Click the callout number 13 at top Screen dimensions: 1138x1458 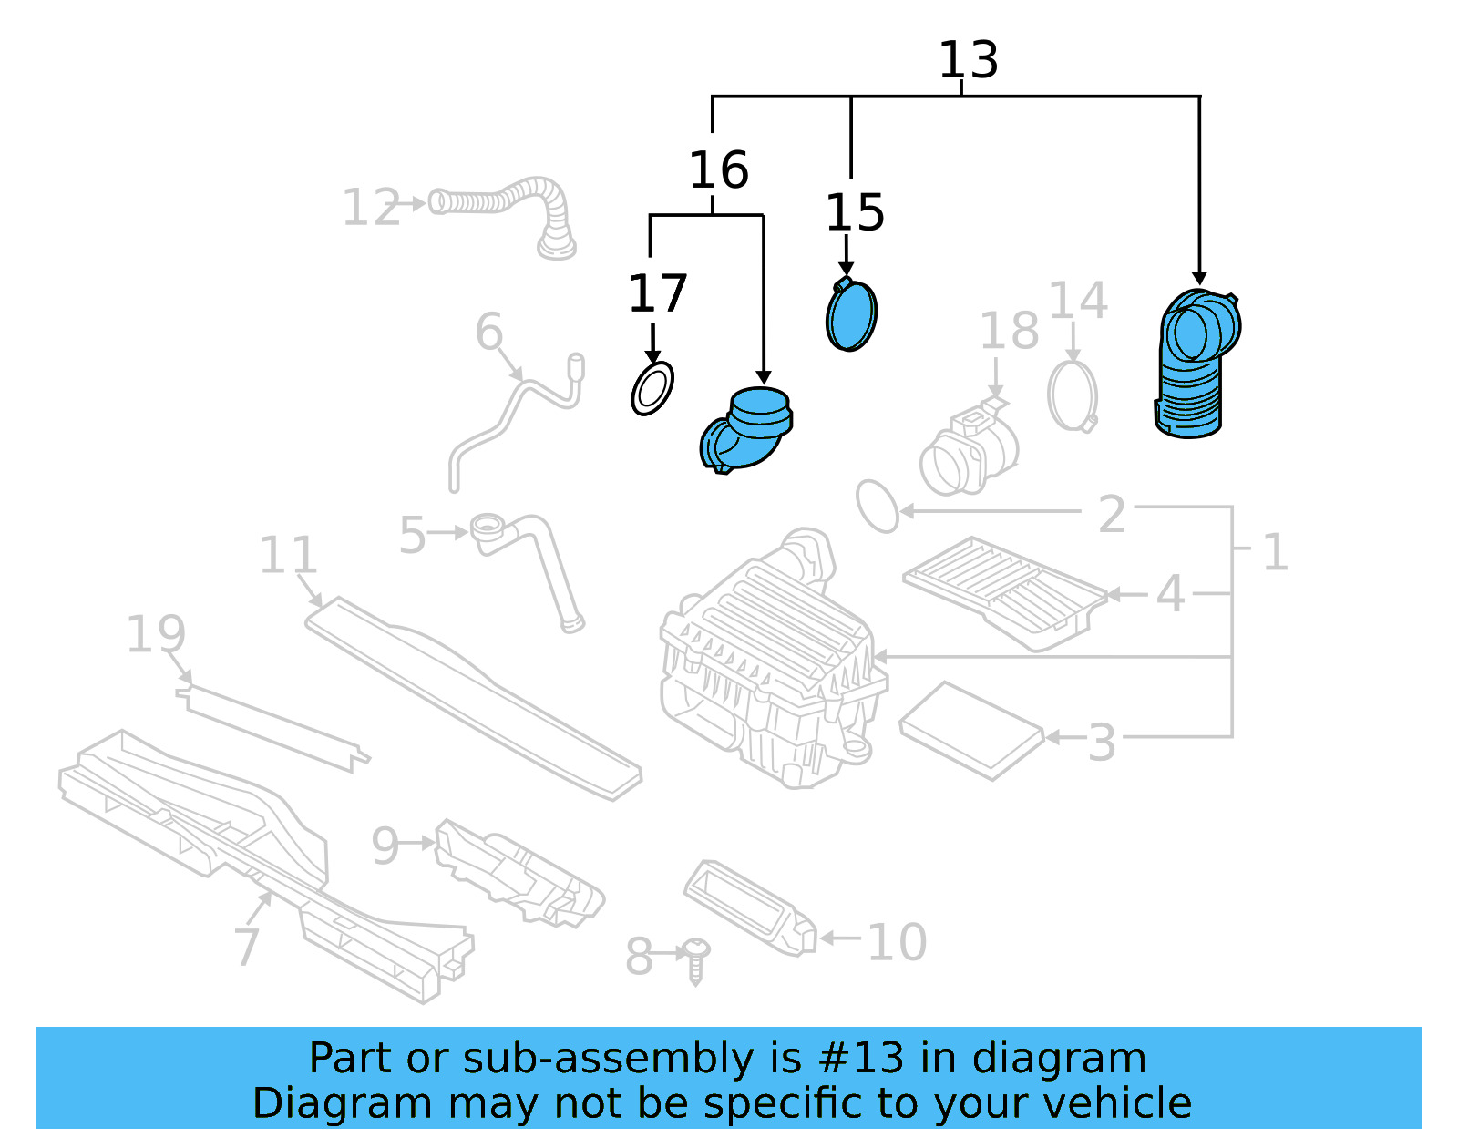[x=968, y=60]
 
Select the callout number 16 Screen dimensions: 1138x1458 [x=718, y=170]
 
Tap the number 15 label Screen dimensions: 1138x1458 [x=854, y=213]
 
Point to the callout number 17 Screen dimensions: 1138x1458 [x=657, y=293]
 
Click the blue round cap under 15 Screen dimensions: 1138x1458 [x=851, y=315]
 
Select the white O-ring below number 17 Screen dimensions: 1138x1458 [x=652, y=389]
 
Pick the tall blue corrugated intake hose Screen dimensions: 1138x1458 [x=1194, y=364]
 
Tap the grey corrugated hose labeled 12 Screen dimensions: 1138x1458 [x=510, y=205]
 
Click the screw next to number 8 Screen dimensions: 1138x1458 [x=696, y=959]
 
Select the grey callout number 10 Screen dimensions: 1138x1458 [x=896, y=941]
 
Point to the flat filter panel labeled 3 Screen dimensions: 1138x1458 [x=970, y=731]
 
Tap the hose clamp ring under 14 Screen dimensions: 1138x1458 [x=1073, y=396]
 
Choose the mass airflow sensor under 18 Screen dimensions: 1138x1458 [x=968, y=451]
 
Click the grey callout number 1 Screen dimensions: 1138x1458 [x=1275, y=552]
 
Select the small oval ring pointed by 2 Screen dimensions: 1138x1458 [x=878, y=506]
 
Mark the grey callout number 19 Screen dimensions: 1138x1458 [x=156, y=634]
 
